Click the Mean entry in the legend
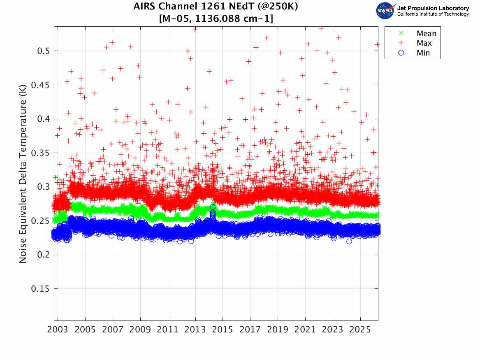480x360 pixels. pyautogui.click(x=426, y=33)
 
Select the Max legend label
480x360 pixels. pyautogui.click(x=424, y=43)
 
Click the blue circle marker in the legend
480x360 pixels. pyautogui.click(x=401, y=53)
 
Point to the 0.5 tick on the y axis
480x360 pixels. pyautogui.click(x=43, y=51)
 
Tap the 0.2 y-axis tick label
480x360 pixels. pyautogui.click(x=43, y=255)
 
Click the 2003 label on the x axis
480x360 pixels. pyautogui.click(x=58, y=330)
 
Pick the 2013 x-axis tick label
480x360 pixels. pyautogui.click(x=195, y=330)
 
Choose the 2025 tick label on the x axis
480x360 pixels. pyautogui.click(x=360, y=330)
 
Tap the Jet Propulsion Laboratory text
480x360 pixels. pyautogui.click(x=433, y=8)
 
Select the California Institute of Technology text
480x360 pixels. pyautogui.click(x=433, y=14)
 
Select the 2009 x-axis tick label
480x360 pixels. pyautogui.click(x=140, y=330)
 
